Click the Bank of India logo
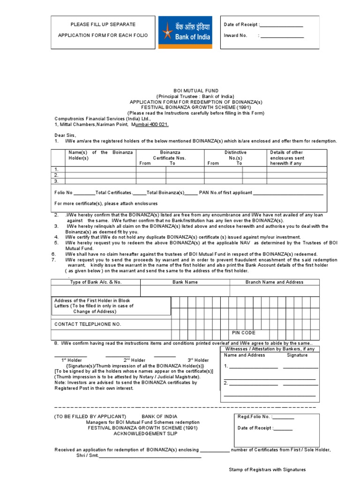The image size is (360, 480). click(185, 32)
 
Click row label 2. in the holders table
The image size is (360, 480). click(56, 175)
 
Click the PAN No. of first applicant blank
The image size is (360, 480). click(288, 193)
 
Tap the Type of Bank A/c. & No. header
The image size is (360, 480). click(96, 282)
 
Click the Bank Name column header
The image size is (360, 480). click(185, 282)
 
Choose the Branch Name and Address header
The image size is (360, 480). click(274, 282)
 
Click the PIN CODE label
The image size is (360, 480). click(244, 333)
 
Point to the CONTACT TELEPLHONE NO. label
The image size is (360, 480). click(88, 324)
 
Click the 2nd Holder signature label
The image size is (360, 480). click(135, 360)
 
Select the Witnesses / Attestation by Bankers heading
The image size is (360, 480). click(270, 349)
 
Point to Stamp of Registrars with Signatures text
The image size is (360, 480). click(267, 469)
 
